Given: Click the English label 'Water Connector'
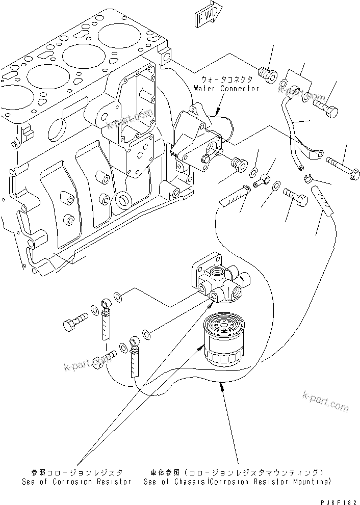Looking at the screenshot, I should click(x=226, y=88).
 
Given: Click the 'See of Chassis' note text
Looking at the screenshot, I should click(x=237, y=482).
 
